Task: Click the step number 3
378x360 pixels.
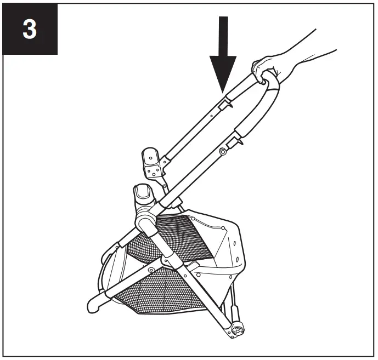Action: point(30,30)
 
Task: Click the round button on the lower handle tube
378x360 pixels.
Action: point(223,151)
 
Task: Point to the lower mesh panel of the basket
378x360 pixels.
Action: point(154,296)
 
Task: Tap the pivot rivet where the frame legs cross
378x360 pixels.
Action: point(150,271)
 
